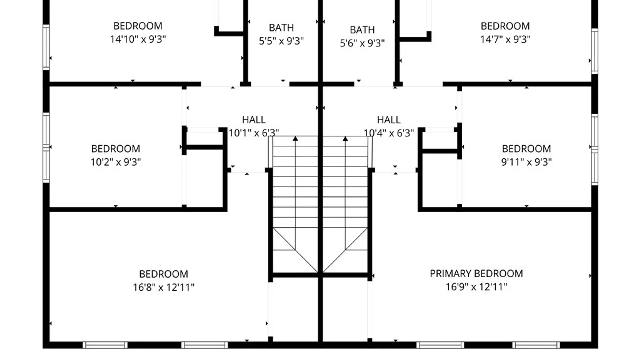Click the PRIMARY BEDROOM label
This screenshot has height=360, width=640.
pyautogui.click(x=476, y=274)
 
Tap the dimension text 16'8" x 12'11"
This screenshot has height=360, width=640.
pyautogui.click(x=164, y=287)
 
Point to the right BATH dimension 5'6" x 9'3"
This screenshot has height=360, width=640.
pyautogui.click(x=362, y=43)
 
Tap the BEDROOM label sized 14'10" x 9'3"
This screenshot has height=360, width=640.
pyautogui.click(x=138, y=26)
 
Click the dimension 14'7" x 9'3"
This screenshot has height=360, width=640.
pyautogui.click(x=505, y=39)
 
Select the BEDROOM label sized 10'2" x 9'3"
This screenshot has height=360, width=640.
pyautogui.click(x=116, y=149)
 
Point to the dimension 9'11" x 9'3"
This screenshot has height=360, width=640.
pyautogui.click(x=527, y=162)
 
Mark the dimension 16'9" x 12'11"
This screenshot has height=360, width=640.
pyautogui.click(x=477, y=287)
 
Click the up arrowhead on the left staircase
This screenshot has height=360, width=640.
pyautogui.click(x=295, y=138)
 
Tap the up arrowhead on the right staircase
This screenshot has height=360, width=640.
pyautogui.click(x=345, y=138)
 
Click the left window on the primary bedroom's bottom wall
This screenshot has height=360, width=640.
pyautogui.click(x=440, y=345)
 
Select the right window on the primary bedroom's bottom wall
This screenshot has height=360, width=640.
pyautogui.click(x=536, y=345)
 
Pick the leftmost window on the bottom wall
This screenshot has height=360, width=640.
pyautogui.click(x=105, y=345)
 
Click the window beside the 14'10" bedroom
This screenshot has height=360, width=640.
pyautogui.click(x=46, y=47)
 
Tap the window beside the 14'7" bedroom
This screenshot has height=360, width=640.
pyautogui.click(x=595, y=51)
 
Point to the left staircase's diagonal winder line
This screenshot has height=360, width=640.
pyautogui.click(x=295, y=250)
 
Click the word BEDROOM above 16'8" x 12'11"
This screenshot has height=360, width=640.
pyautogui.click(x=164, y=274)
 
